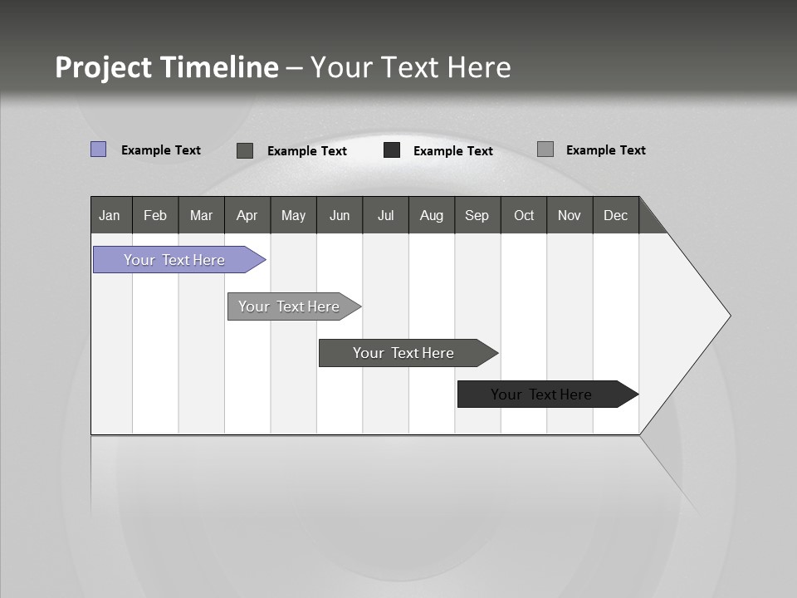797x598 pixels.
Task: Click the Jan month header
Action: coord(110,215)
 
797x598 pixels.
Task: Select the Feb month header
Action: coord(155,215)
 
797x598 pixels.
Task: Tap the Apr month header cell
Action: coord(247,215)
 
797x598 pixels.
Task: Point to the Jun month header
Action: coord(340,215)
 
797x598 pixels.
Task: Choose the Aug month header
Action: coord(432,215)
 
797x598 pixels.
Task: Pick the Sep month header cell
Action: coord(477,215)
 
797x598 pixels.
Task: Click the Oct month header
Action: coord(524,215)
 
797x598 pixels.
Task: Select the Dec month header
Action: coord(616,215)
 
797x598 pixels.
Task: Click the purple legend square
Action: coord(99,149)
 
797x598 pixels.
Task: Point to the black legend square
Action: coord(392,150)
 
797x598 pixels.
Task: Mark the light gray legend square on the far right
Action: coord(545,149)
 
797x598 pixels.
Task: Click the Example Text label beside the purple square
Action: coord(161,150)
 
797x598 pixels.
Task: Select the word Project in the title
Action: coord(104,67)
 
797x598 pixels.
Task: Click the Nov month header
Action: coord(570,215)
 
